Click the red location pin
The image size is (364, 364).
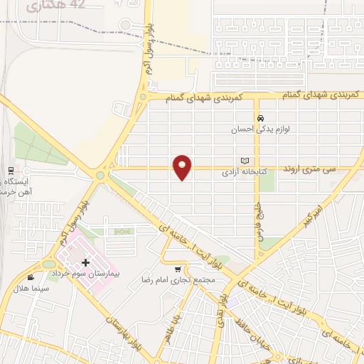[183, 167]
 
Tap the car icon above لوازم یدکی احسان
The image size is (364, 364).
[261, 118]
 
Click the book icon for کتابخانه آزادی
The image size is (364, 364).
[245, 161]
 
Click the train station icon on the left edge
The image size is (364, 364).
[11, 171]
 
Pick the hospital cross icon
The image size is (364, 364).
[85, 262]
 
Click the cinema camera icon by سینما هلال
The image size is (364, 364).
[30, 277]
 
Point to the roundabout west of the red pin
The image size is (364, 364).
[101, 175]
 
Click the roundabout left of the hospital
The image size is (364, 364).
[48, 264]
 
